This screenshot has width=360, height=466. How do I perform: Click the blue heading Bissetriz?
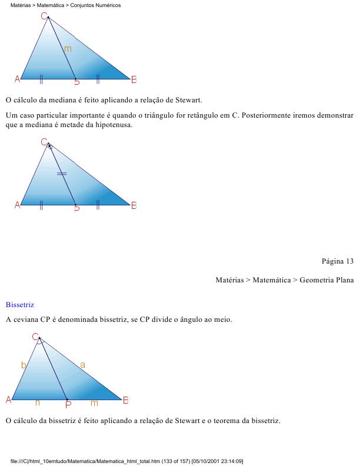point(20,305)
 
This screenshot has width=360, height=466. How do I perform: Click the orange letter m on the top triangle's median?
point(68,49)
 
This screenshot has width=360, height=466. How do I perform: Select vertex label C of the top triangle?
point(44,16)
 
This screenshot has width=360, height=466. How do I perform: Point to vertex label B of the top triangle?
point(134,79)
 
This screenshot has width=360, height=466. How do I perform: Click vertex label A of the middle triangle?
point(17,205)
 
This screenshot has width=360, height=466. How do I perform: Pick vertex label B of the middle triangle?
point(134,205)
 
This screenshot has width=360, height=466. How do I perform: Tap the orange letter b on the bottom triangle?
point(24,365)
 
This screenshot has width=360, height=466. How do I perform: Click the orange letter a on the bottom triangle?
point(82,365)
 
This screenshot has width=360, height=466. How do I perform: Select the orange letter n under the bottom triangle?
point(38,403)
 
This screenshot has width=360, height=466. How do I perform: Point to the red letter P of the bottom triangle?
point(68,404)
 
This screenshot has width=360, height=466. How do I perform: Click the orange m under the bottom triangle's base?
point(94,403)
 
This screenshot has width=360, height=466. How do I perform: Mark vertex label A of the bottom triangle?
point(9,400)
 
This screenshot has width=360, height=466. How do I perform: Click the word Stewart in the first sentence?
point(187,100)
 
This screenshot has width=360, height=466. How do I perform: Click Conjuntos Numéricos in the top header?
point(99,5)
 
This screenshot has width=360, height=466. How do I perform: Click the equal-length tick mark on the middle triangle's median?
point(62,174)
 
